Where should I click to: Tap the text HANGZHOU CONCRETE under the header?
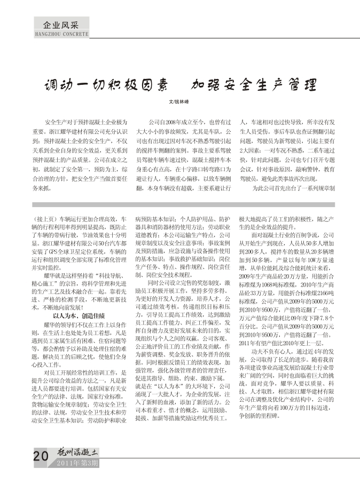point(61,34)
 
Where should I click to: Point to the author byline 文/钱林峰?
point(179,101)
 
